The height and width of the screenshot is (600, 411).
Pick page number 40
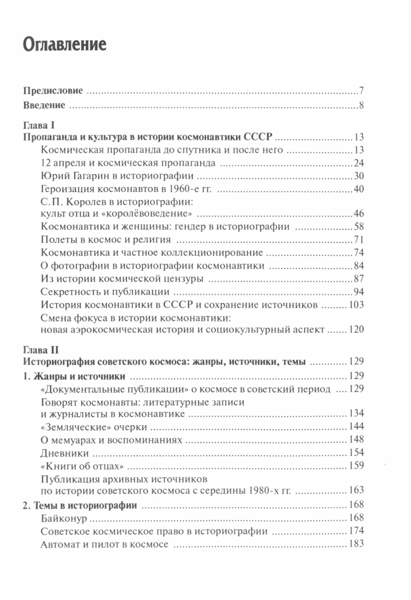358,189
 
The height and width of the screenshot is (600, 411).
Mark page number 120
355,330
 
